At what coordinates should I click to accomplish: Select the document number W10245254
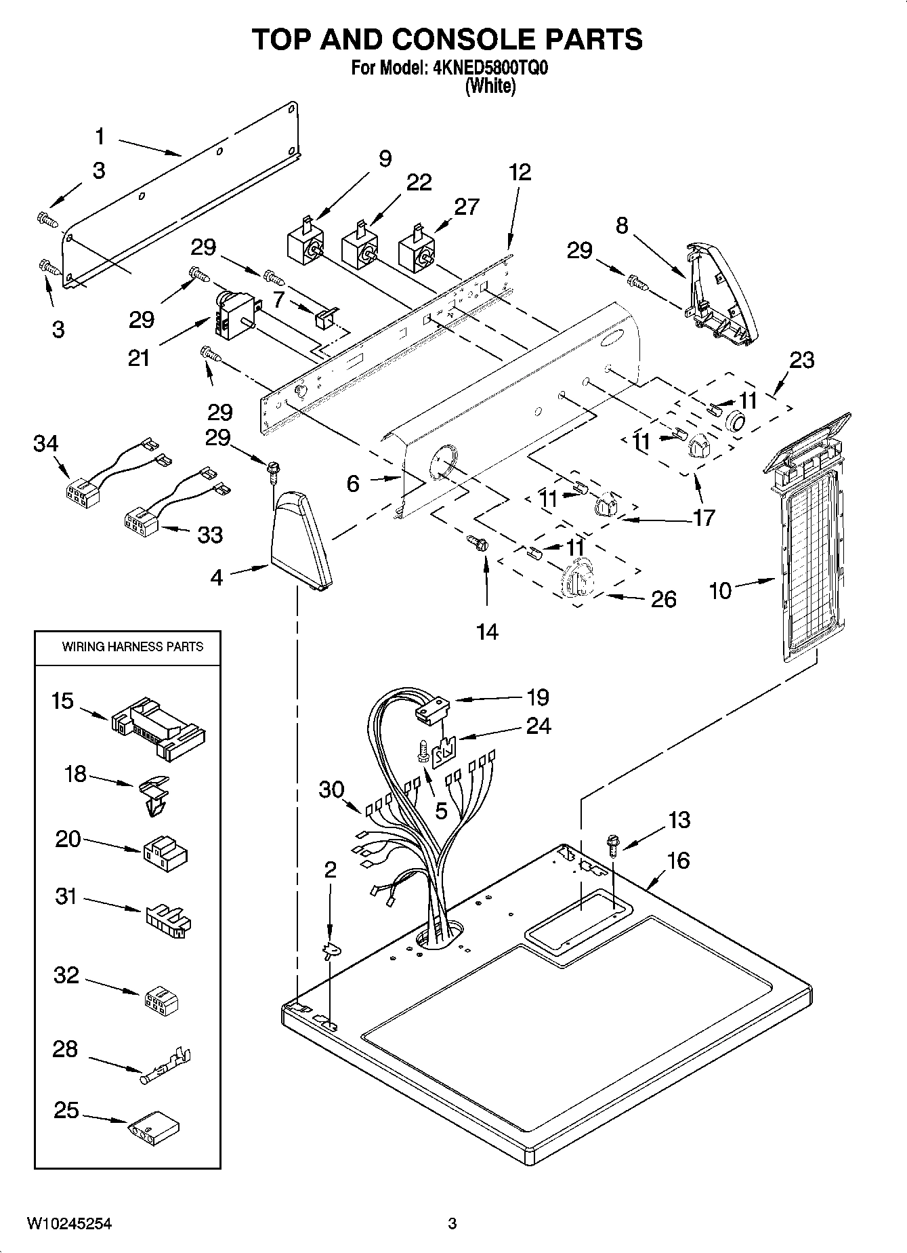point(70,1223)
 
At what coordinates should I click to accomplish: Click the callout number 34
point(45,444)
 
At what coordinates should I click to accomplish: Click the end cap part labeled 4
point(301,539)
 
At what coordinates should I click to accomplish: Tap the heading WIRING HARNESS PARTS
point(132,646)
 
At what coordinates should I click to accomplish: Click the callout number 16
point(678,861)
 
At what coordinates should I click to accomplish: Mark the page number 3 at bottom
point(452,1223)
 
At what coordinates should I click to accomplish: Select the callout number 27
point(466,206)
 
